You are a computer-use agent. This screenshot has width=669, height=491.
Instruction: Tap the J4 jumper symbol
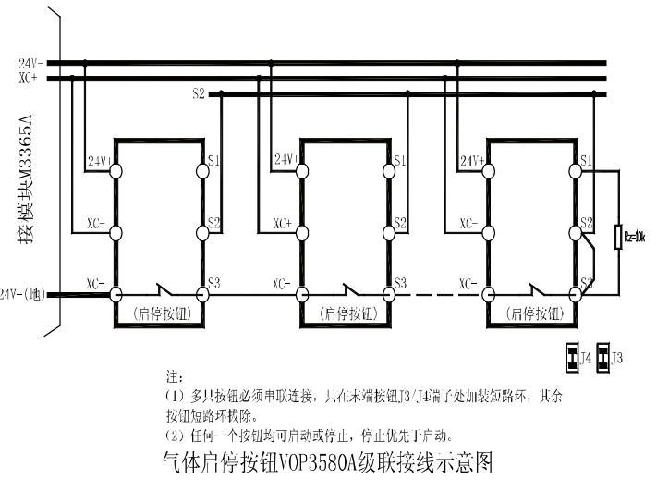(x=573, y=356)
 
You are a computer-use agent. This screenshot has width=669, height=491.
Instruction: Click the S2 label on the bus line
(x=199, y=94)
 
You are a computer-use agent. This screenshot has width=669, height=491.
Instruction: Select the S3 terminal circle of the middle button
(x=390, y=294)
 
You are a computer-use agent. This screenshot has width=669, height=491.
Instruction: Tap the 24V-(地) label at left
(x=22, y=294)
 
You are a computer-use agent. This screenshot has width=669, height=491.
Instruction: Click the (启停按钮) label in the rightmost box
(x=533, y=313)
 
